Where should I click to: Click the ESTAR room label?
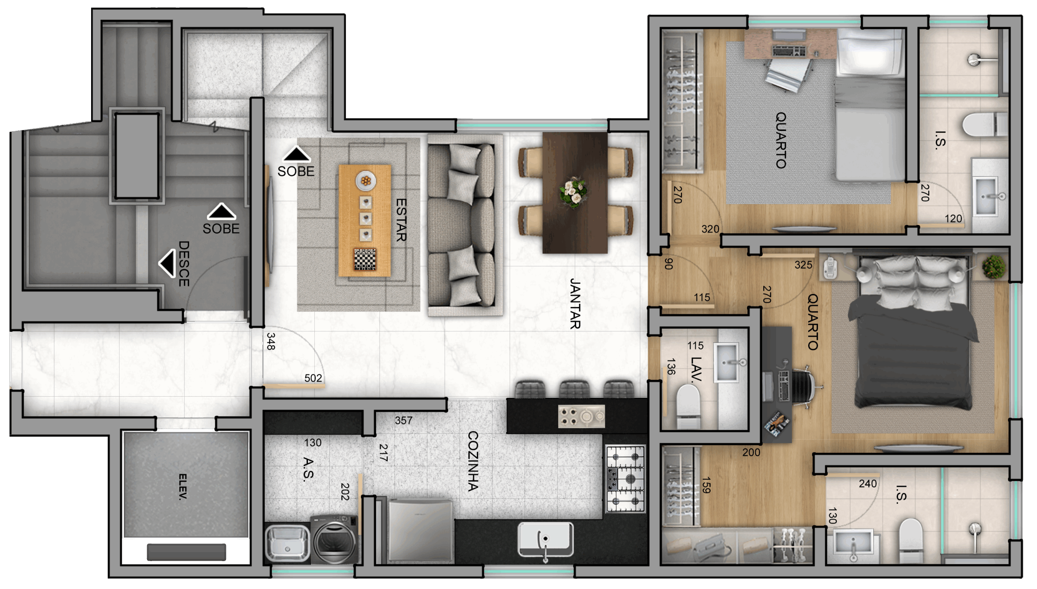tap(401, 220)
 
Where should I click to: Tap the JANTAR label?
tap(575, 303)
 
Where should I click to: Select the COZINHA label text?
tap(473, 461)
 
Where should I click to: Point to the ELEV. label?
tap(183, 487)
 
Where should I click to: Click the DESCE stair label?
tap(184, 264)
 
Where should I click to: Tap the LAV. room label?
tap(696, 370)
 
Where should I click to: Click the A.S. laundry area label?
tap(308, 469)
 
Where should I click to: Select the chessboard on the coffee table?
tap(365, 259)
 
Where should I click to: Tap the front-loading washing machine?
tap(335, 539)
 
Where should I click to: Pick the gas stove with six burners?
tap(625, 479)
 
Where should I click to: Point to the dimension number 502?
tap(313, 378)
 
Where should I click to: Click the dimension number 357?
tap(403, 420)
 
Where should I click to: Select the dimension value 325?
tap(803, 265)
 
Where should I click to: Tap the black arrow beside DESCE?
tap(167, 263)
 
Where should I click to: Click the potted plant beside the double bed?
tap(994, 266)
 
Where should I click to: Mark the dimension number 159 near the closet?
tap(706, 485)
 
